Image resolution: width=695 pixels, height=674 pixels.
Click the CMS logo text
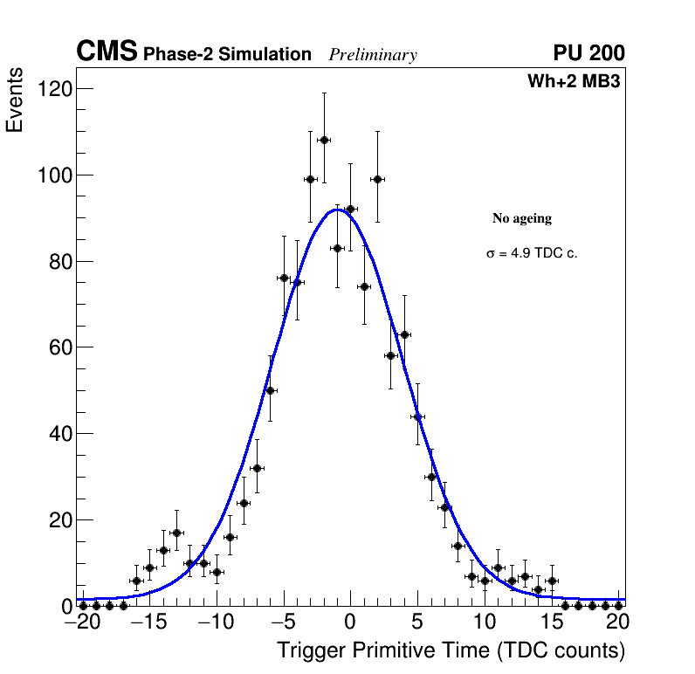(x=107, y=52)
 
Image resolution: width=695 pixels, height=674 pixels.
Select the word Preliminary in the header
(x=373, y=55)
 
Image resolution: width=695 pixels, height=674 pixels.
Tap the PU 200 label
(x=588, y=53)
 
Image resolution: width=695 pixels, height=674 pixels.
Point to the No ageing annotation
(x=522, y=218)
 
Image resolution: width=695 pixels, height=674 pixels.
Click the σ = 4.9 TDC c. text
(x=532, y=254)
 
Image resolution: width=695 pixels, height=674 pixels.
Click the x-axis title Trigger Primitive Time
(x=451, y=650)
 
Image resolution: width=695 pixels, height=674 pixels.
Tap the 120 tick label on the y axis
(x=54, y=89)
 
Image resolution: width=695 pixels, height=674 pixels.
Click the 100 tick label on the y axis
(x=54, y=175)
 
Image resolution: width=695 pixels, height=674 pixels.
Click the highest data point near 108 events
(x=324, y=140)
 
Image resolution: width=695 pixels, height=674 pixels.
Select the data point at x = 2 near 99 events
(x=377, y=179)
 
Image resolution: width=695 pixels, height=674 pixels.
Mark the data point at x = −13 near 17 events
(x=176, y=533)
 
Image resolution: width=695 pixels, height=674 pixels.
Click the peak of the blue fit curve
(x=337, y=210)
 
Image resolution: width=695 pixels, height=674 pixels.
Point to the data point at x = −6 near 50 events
(x=270, y=390)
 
